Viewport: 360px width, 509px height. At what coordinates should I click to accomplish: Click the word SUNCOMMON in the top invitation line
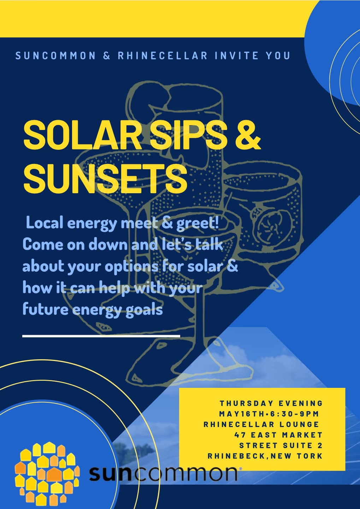click(x=56, y=56)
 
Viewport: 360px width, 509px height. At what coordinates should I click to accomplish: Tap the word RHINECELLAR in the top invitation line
click(x=163, y=56)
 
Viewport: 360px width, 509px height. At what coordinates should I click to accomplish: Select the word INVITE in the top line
click(x=237, y=56)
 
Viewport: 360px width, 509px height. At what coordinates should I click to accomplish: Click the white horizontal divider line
click(x=101, y=336)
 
